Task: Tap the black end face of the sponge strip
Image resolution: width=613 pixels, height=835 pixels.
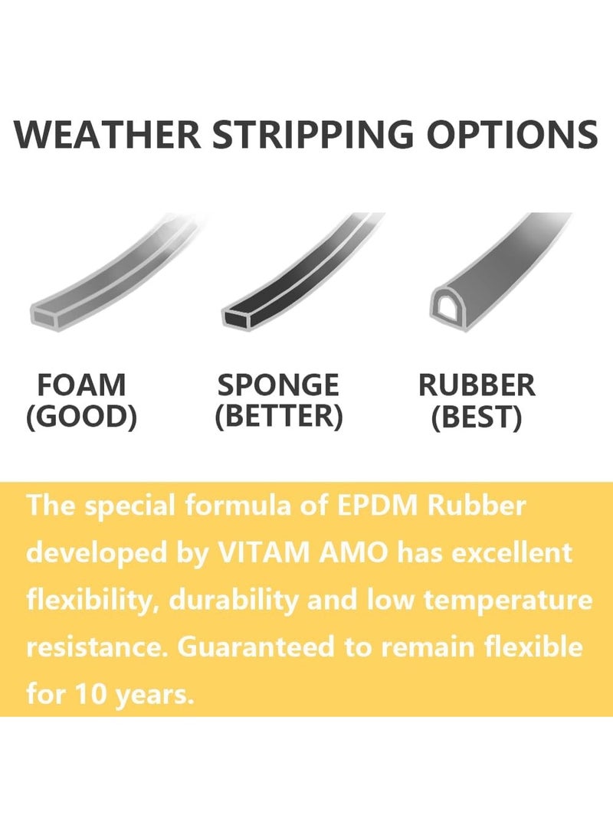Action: (242, 314)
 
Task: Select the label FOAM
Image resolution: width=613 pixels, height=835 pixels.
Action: (81, 385)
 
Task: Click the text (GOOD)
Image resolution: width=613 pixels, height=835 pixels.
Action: (81, 417)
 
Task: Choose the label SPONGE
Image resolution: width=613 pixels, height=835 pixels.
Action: (278, 385)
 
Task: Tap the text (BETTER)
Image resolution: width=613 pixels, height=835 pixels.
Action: (278, 417)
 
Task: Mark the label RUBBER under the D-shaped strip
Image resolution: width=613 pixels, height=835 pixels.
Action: (477, 385)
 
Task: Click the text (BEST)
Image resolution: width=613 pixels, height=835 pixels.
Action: (477, 417)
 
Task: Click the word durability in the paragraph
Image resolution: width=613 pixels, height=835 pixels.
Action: (234, 600)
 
